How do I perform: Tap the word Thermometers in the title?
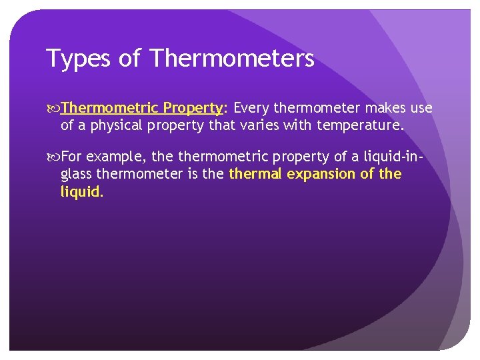232,59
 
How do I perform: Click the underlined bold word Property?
192,108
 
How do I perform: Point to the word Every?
252,108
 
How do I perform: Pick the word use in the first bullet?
419,108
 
